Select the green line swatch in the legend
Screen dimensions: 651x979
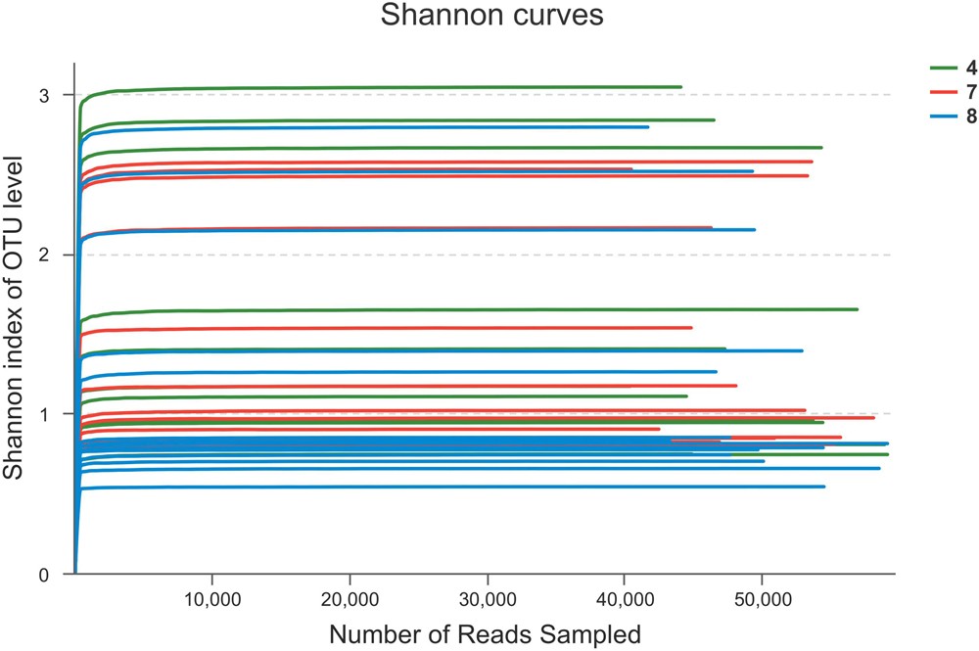click(x=943, y=68)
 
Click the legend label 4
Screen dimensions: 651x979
click(x=968, y=68)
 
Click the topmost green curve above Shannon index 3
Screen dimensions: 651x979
click(x=392, y=87)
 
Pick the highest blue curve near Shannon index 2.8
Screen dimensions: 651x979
click(x=392, y=127)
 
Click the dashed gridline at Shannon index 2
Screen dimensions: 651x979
click(x=832, y=255)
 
